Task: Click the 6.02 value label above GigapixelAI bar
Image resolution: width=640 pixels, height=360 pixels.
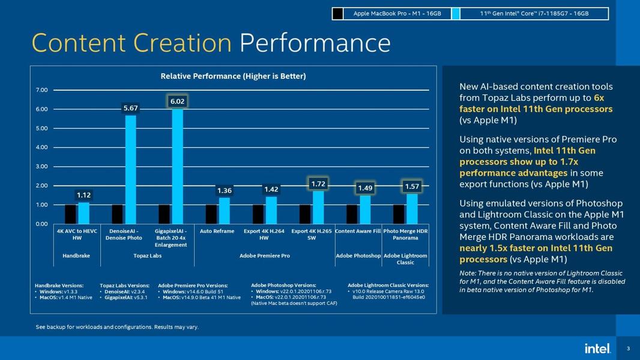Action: (x=177, y=101)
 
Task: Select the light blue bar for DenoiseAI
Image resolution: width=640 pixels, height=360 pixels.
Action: (x=131, y=170)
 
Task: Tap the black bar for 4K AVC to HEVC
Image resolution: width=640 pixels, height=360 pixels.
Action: (x=71, y=214)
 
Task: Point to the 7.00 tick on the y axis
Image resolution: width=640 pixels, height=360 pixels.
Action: (x=41, y=89)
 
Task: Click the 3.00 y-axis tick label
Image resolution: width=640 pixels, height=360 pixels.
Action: (x=41, y=166)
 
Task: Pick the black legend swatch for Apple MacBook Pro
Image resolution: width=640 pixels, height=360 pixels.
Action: (x=337, y=13)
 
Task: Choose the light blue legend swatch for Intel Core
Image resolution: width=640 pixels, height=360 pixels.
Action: (x=456, y=13)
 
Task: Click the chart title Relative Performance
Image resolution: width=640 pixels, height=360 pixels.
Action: (x=233, y=76)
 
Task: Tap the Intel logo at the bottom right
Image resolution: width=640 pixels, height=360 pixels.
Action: (x=597, y=349)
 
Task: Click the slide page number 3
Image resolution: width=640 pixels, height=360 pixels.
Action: (x=628, y=349)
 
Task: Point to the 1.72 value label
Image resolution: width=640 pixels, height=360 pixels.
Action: (x=318, y=184)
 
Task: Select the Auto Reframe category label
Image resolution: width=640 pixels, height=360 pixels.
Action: (x=217, y=231)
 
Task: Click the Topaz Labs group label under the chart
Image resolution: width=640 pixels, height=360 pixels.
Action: (x=147, y=256)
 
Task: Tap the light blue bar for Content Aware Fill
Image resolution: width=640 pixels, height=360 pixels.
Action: (x=365, y=209)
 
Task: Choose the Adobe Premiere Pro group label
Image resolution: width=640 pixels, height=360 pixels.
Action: (x=265, y=256)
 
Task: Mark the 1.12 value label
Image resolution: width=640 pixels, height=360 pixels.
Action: (x=83, y=195)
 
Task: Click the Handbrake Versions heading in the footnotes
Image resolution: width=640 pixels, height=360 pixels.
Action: (x=59, y=286)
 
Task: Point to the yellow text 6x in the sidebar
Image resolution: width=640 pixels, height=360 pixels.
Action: (x=599, y=98)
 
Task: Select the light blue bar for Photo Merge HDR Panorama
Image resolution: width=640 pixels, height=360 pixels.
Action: (x=412, y=209)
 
